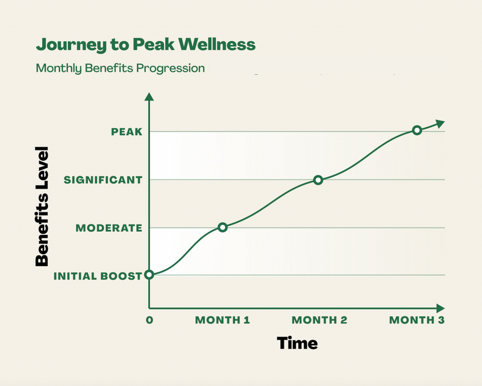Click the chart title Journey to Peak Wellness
[x=145, y=45]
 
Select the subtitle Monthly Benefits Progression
[x=120, y=67]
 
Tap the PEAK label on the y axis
[x=127, y=131]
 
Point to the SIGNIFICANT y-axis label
[x=103, y=179]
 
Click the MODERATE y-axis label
[x=109, y=228]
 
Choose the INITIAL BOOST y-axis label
[x=98, y=276]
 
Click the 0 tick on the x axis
[x=149, y=320]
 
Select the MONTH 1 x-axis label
[x=222, y=320]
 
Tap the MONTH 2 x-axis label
[x=319, y=320]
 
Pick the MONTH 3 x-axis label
[x=416, y=320]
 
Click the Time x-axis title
[x=297, y=343]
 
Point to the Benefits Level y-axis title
[x=42, y=206]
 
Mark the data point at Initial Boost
[x=149, y=275]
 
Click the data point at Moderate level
[x=222, y=227]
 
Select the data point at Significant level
[x=318, y=179]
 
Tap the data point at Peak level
[x=416, y=130]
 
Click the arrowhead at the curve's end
[x=440, y=123]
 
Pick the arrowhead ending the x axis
[x=440, y=307]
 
